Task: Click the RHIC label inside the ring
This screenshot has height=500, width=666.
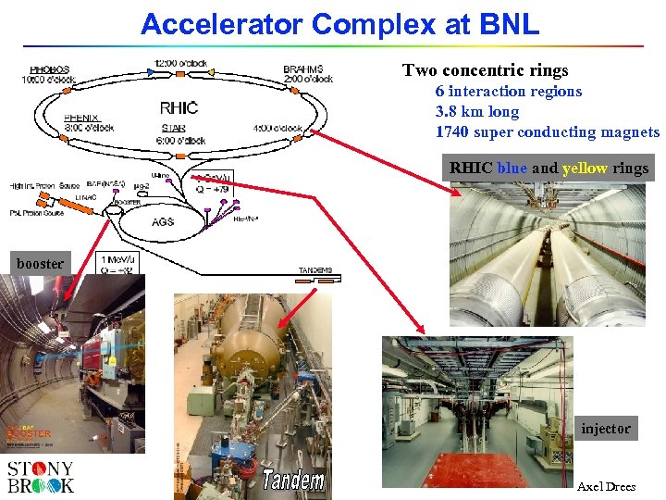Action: pos(179,107)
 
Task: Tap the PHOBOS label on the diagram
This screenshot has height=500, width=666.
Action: pos(49,69)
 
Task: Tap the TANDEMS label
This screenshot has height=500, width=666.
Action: pos(314,270)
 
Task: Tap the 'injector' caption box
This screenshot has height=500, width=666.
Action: pos(606,428)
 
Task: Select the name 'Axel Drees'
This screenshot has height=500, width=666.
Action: pos(606,487)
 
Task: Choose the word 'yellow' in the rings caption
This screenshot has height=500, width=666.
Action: pos(584,169)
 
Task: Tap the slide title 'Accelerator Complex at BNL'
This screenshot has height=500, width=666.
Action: pos(339,24)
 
